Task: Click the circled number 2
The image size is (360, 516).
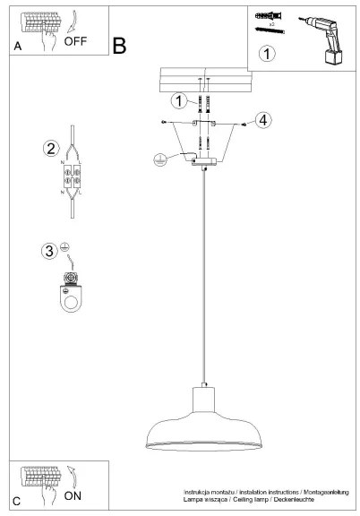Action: tap(52, 148)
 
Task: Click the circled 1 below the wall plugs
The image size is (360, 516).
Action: tap(266, 55)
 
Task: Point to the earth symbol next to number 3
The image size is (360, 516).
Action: tap(66, 246)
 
